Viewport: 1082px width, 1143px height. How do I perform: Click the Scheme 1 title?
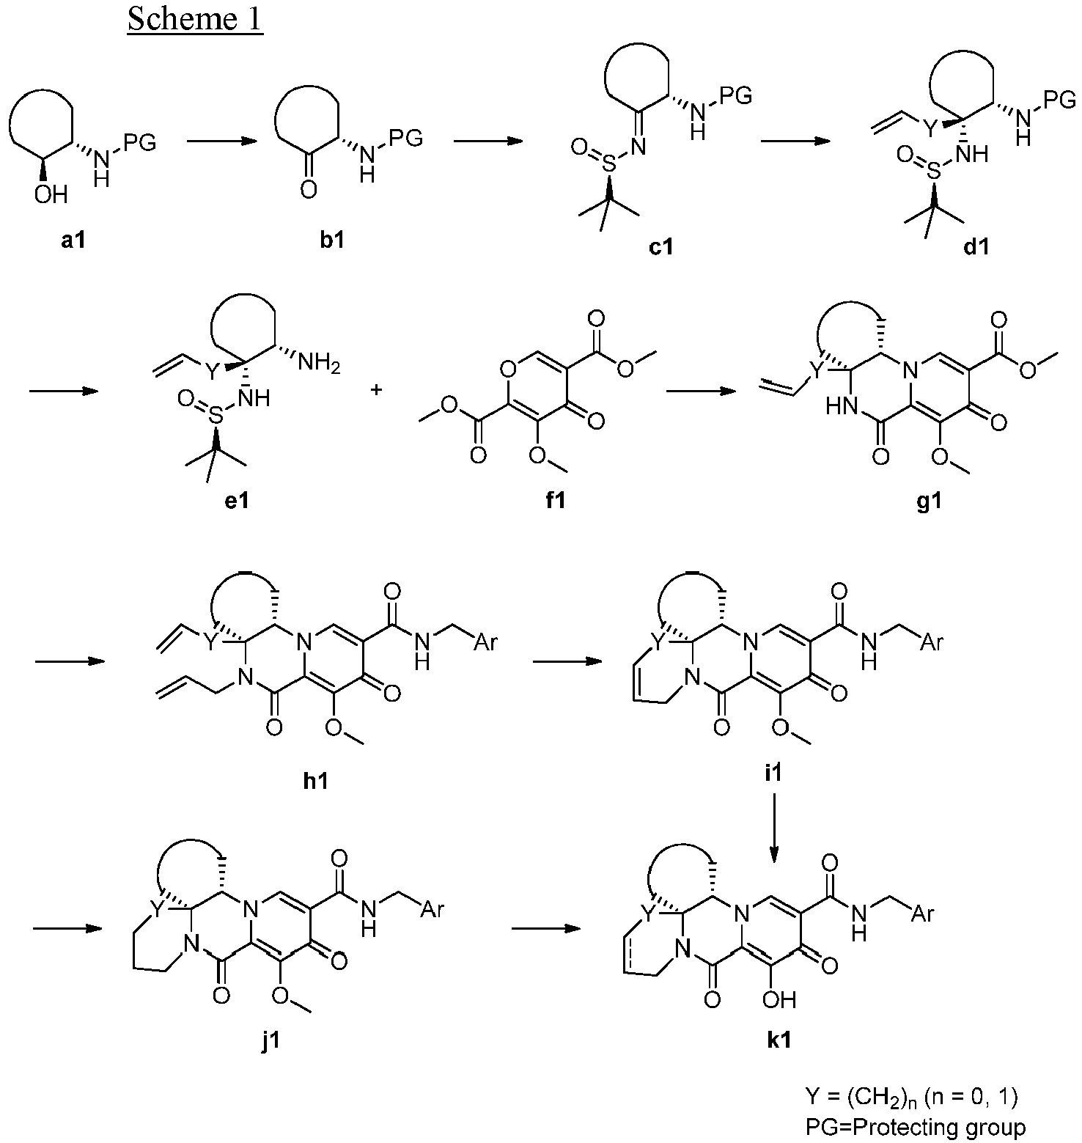coord(194,19)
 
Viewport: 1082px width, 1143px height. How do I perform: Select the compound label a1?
coord(73,240)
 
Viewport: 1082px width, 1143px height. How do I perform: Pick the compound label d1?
coord(976,247)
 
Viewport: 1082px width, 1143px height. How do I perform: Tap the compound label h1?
coord(315,781)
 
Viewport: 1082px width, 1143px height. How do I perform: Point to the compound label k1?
coord(778,1040)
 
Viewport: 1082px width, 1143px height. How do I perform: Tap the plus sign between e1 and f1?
coord(377,391)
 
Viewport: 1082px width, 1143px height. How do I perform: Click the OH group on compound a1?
coord(51,194)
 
